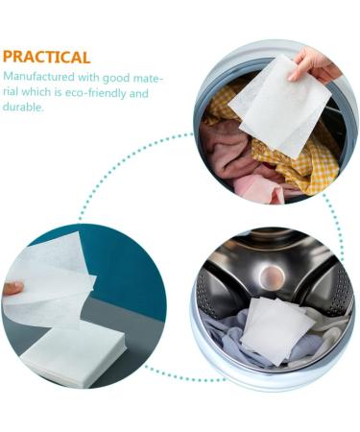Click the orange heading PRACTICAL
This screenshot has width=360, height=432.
pyautogui.click(x=46, y=57)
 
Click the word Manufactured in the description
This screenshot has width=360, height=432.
pyautogui.click(x=37, y=78)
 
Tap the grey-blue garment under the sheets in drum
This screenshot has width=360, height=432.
pyautogui.click(x=230, y=346)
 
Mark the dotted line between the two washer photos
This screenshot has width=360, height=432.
pyautogui.click(x=336, y=216)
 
